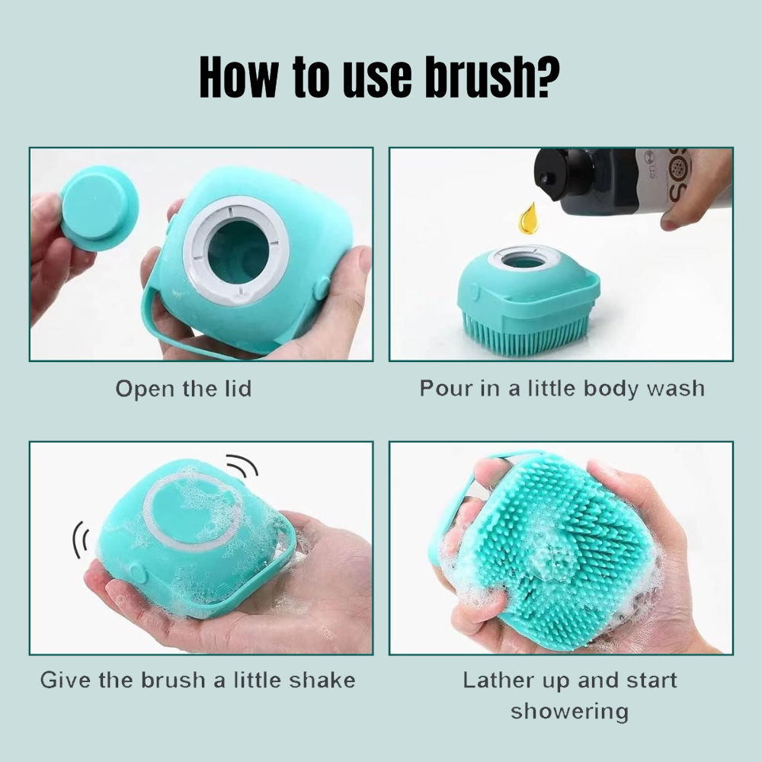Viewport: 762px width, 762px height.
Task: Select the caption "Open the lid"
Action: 184,389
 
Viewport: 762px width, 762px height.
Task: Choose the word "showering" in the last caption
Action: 569,712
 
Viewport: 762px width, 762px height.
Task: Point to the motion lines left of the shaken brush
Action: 82,539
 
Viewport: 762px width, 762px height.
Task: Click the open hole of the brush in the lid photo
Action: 238,251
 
